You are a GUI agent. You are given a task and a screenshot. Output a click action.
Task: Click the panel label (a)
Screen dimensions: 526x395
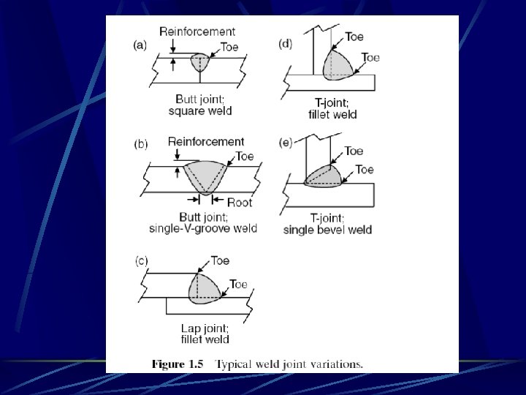tap(140, 45)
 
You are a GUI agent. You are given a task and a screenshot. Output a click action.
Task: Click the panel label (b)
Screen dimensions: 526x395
tap(140, 144)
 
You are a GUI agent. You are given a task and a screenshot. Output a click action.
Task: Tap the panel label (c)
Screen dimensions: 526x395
tap(140, 260)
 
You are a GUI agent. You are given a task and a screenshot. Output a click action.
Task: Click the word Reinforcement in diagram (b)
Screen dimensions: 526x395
tap(205, 141)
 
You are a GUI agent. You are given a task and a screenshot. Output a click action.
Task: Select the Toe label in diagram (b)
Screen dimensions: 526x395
tap(245, 157)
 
